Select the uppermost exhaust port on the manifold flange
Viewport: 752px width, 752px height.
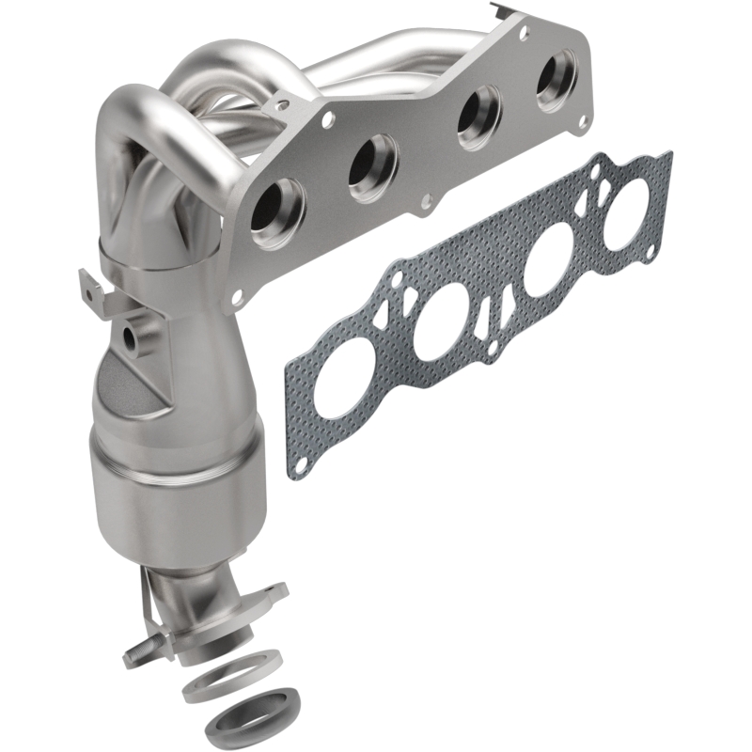(x=556, y=84)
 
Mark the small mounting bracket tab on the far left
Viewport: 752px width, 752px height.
(x=92, y=286)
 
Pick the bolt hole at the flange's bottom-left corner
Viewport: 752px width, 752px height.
(x=237, y=296)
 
